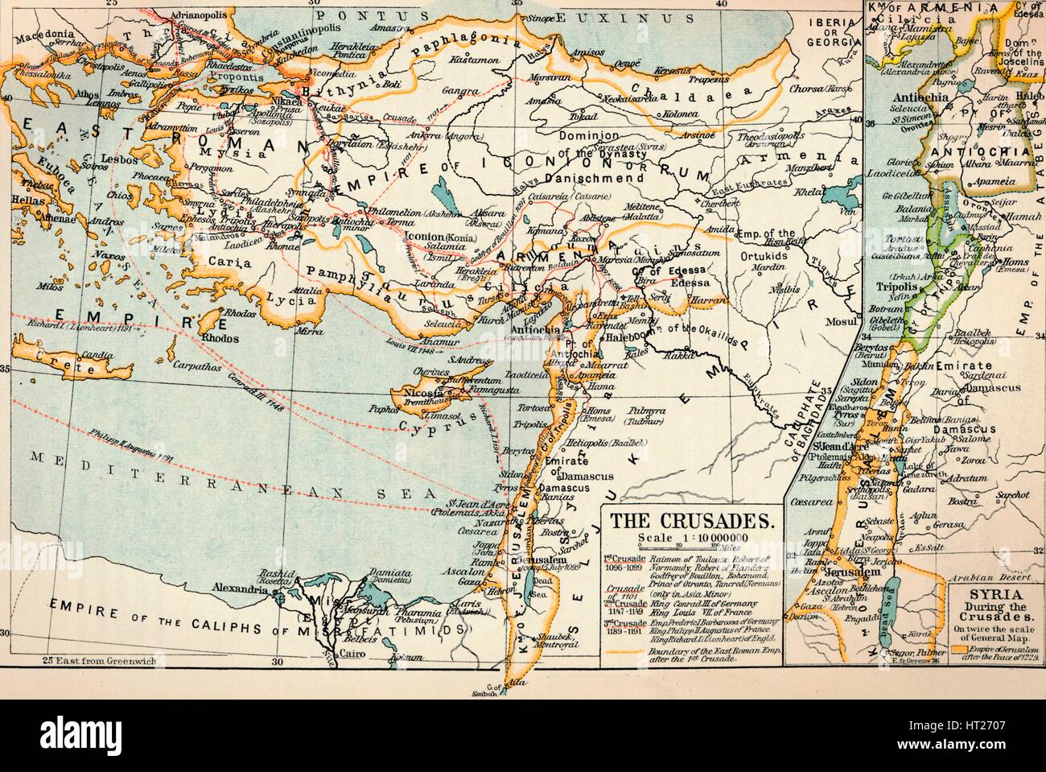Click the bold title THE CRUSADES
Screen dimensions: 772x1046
coord(691,520)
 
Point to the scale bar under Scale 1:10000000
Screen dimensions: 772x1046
coord(690,547)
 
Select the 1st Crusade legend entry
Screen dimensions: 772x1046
coord(624,562)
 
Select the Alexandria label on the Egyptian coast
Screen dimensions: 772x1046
coord(238,588)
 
